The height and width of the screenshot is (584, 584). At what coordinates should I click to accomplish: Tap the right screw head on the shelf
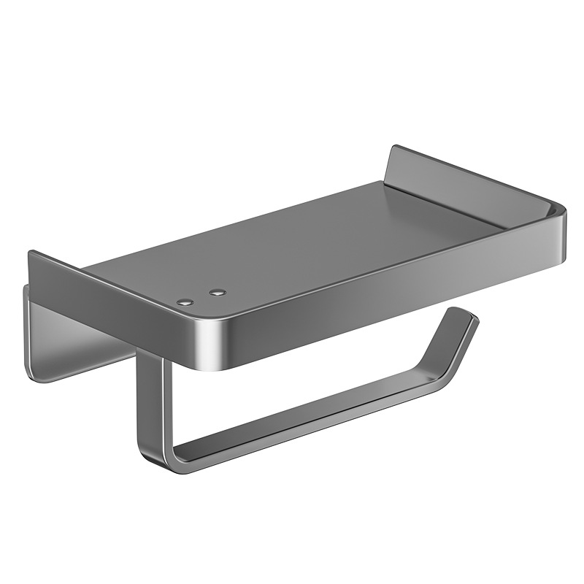tap(215, 293)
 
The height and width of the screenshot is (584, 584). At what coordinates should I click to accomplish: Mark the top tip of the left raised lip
tap(31, 253)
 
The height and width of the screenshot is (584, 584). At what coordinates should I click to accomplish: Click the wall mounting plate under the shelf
tap(73, 328)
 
